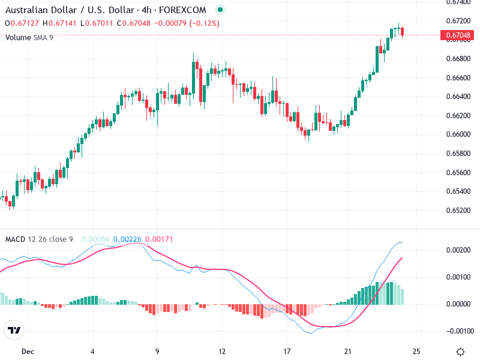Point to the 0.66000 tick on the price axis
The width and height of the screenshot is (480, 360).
[x=458, y=134]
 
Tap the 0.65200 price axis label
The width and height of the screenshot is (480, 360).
[x=458, y=211]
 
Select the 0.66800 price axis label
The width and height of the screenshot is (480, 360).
[x=458, y=59]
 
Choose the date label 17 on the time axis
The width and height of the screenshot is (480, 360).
[x=287, y=351]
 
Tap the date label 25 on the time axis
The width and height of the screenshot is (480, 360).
[x=416, y=351]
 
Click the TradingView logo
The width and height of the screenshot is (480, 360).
[x=14, y=331]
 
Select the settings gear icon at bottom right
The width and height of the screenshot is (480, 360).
[x=460, y=352]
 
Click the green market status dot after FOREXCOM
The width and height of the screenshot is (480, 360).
[x=220, y=10]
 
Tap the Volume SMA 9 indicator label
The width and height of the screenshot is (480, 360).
[x=29, y=37]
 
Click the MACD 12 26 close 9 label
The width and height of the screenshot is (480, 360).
[x=39, y=239]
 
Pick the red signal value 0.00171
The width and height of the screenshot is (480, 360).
[x=159, y=239]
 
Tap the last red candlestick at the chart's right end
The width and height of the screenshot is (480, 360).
[x=403, y=31]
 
